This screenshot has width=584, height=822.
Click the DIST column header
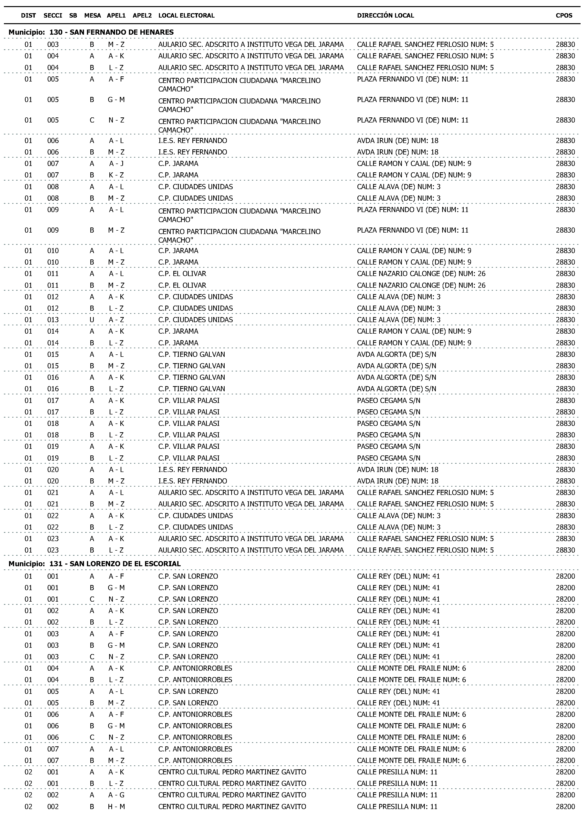[28, 15]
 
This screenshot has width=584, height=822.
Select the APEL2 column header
[142, 15]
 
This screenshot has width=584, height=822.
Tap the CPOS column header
[564, 15]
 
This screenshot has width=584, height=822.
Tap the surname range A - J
[116, 164]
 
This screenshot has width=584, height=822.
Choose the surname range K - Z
[116, 175]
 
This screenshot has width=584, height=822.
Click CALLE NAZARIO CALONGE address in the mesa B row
[421, 285]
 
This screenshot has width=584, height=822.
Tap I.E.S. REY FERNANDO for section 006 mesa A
[192, 141]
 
